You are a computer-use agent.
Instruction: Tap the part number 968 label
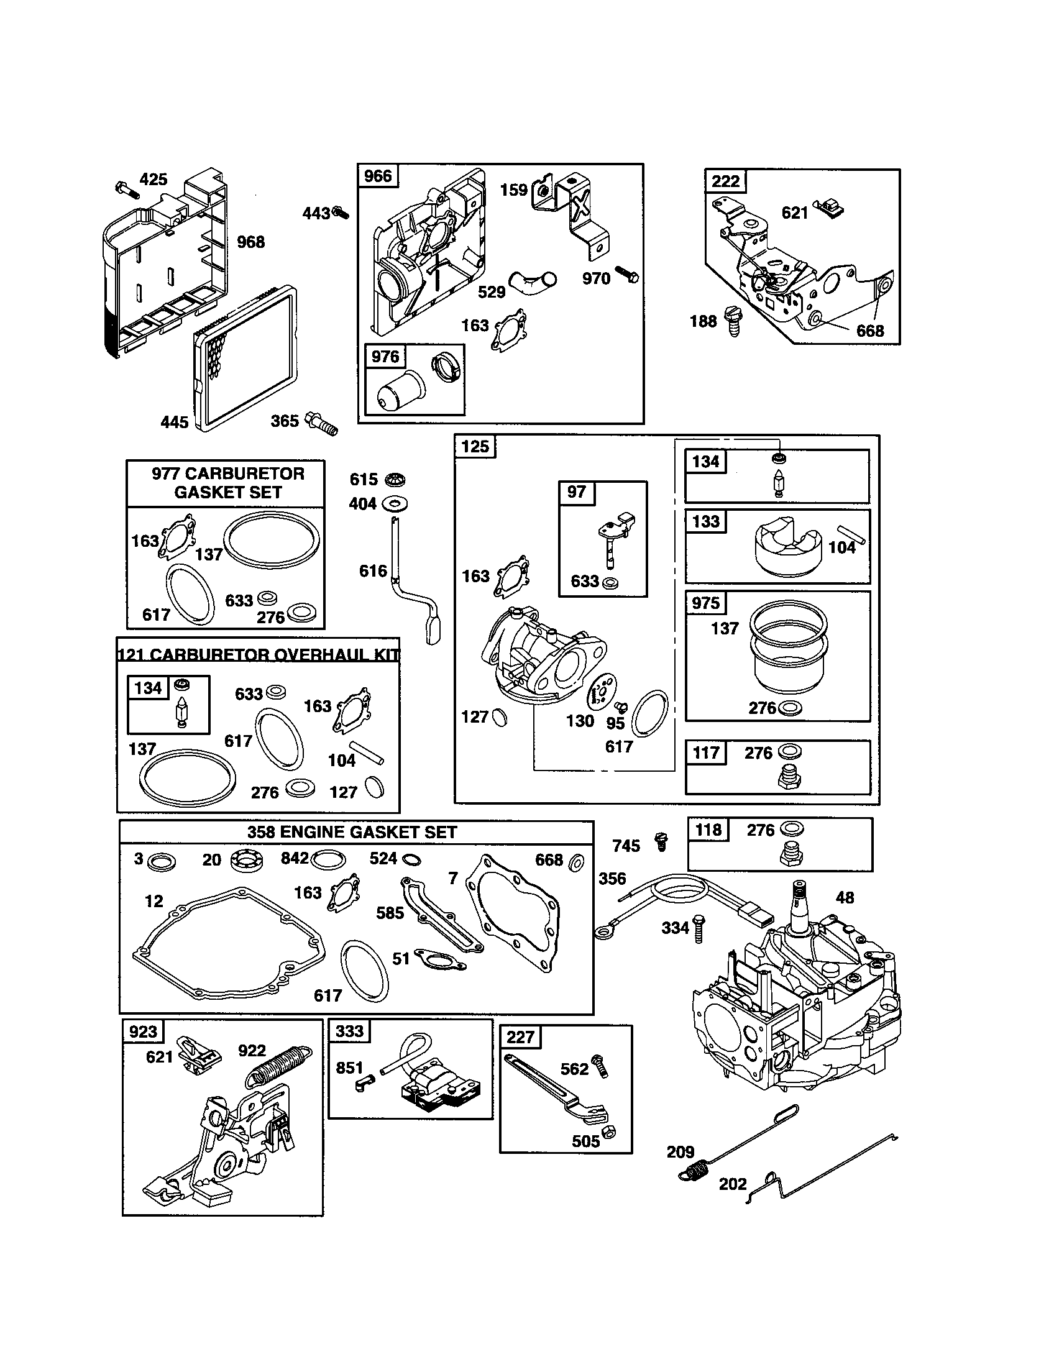point(250,242)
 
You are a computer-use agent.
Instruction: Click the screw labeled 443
point(341,213)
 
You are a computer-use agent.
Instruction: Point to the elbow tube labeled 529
point(531,282)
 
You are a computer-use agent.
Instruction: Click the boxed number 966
point(377,176)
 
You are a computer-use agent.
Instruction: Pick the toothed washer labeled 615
point(395,480)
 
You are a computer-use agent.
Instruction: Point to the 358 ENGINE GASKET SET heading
point(352,832)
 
